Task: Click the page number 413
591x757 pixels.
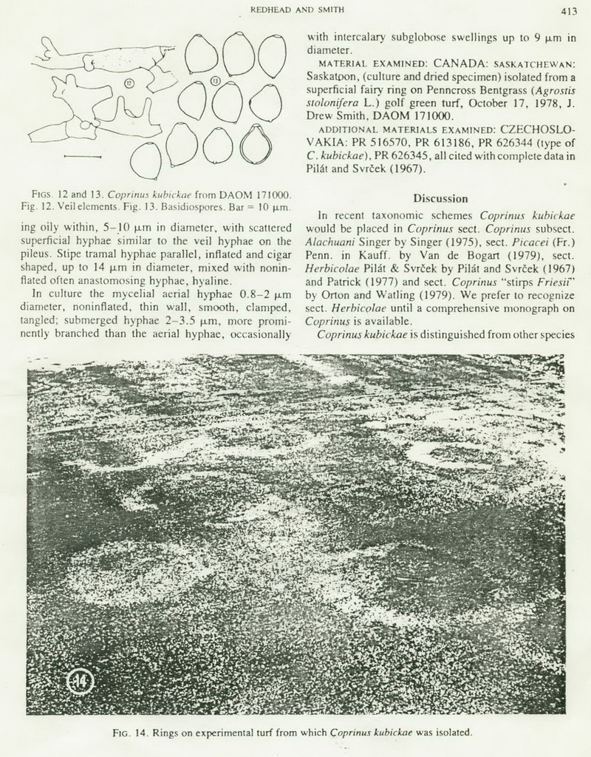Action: click(568, 10)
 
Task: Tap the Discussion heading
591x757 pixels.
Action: click(440, 198)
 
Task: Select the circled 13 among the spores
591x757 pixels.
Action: click(215, 80)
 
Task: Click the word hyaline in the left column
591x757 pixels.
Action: click(211, 280)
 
